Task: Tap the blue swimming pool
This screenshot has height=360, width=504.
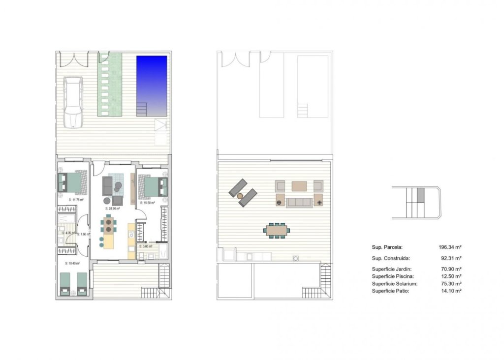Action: (152, 84)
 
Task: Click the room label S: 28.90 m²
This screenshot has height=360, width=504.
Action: (113, 209)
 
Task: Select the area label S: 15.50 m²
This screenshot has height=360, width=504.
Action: (147, 203)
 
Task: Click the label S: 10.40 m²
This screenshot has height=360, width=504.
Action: (72, 264)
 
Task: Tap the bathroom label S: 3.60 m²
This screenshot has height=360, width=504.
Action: (146, 246)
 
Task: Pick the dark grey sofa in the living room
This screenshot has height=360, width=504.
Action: (108, 186)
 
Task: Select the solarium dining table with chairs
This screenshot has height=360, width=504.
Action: (278, 230)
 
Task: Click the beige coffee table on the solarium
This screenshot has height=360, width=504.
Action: (299, 186)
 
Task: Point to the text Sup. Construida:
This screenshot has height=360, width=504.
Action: (391, 258)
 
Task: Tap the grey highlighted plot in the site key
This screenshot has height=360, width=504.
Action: (420, 195)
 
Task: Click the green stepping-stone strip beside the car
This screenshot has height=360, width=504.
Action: (110, 85)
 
